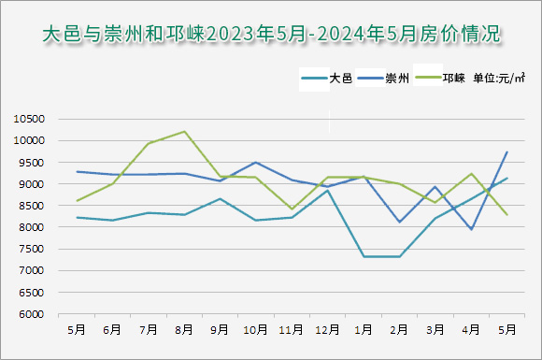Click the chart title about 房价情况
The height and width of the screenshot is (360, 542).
[x=271, y=35]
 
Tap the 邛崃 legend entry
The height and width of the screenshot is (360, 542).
[x=453, y=79]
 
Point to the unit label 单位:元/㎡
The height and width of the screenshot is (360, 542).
[x=499, y=79]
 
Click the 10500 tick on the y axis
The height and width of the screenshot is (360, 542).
[x=30, y=119]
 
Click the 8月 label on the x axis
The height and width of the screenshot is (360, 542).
[x=184, y=329]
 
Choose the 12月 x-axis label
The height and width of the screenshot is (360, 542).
[x=328, y=329]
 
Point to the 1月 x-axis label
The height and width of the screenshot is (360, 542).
[x=364, y=329]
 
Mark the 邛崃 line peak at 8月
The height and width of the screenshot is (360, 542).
[x=184, y=132]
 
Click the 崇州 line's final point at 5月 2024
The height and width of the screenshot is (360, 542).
[x=506, y=152]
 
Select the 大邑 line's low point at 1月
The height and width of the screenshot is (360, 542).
[x=364, y=256]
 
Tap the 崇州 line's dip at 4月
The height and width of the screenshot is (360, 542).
[x=471, y=229]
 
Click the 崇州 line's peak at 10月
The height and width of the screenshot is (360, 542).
[x=256, y=163]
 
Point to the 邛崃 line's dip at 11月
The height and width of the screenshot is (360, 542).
[x=292, y=209]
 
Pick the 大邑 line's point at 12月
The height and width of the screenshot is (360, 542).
[x=328, y=191]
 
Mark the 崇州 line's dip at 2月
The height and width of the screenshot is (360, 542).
[x=399, y=222]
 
